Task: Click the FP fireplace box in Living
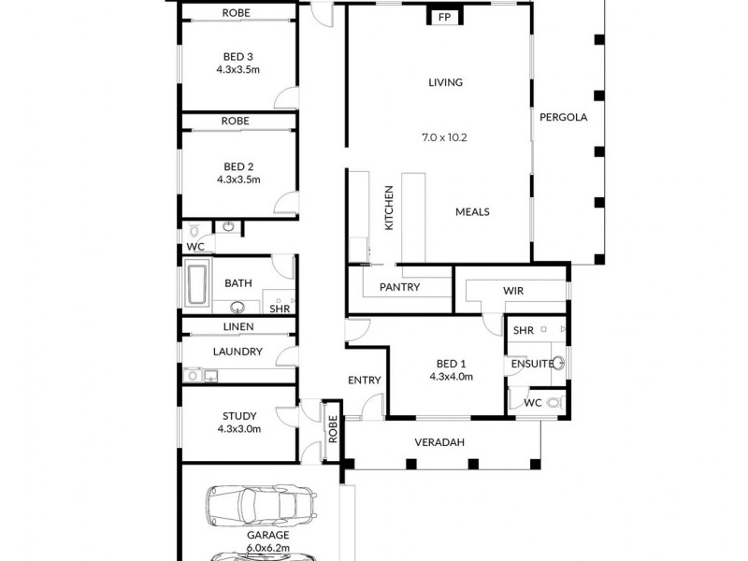[x=444, y=16]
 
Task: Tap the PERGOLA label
[x=562, y=118]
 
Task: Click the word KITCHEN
[x=389, y=208]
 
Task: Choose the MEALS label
[x=472, y=211]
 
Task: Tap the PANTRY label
[x=400, y=287]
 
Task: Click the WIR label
[x=512, y=291]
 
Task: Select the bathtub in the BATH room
[x=197, y=285]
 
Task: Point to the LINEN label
[x=237, y=327]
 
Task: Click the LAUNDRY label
[x=237, y=352]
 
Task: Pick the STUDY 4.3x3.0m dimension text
[x=238, y=429]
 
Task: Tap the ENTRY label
[x=364, y=380]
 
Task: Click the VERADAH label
[x=439, y=442]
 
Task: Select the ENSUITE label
[x=529, y=364]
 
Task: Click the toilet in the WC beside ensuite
[x=554, y=403]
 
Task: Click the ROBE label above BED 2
[x=235, y=122]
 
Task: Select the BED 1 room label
[x=452, y=364]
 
